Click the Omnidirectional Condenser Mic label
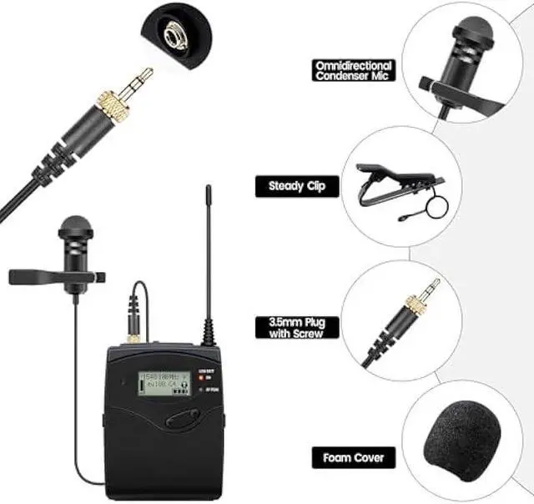[353, 70]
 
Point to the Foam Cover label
[353, 458]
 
